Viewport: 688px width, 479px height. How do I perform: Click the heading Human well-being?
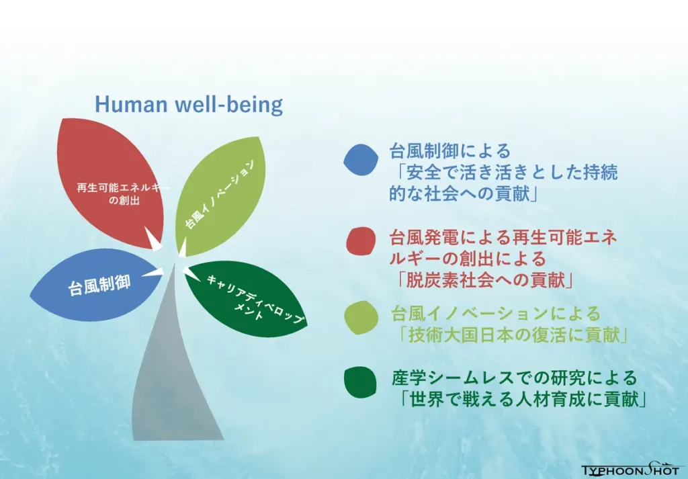(189, 104)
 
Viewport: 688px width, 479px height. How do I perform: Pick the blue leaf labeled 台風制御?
(94, 285)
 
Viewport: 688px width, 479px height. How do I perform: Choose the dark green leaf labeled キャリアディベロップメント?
(246, 298)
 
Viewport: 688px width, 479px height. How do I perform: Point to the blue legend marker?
(361, 160)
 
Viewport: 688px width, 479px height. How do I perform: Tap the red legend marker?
(361, 241)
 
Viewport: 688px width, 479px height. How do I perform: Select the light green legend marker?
(361, 318)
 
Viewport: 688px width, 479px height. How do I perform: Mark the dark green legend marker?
(360, 382)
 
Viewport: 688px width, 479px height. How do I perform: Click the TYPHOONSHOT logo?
(632, 470)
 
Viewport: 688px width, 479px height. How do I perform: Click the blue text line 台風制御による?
(450, 151)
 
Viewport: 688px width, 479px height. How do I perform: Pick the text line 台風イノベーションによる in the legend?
(496, 314)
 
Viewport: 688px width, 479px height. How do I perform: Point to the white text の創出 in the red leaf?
(124, 201)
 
